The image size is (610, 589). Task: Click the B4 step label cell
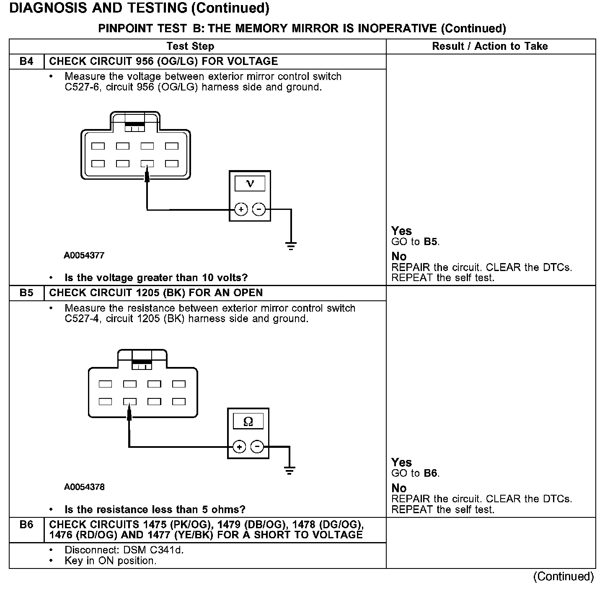click(x=26, y=62)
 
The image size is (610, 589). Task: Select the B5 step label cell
click(x=26, y=293)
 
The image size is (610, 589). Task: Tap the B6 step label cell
click(x=26, y=524)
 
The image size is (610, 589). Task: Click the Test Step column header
click(x=190, y=46)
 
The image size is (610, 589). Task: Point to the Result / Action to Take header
click(x=490, y=46)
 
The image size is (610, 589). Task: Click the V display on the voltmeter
click(x=250, y=183)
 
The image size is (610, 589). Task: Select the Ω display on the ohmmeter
click(x=248, y=421)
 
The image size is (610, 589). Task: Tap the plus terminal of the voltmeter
click(x=240, y=209)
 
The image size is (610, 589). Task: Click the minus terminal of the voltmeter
click(x=259, y=209)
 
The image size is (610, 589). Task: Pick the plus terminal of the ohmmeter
click(x=239, y=447)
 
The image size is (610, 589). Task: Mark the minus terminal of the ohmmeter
click(x=257, y=447)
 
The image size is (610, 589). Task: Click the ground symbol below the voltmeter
click(x=291, y=245)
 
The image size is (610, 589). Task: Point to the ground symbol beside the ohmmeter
click(x=289, y=470)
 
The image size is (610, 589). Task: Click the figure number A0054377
click(x=84, y=256)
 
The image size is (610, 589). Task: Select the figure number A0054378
click(x=84, y=487)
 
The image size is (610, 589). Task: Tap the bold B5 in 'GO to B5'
click(x=431, y=242)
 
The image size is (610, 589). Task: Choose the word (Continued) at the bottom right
click(x=563, y=577)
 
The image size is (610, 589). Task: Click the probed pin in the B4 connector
click(x=147, y=164)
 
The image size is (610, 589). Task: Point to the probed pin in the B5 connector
click(x=129, y=402)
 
